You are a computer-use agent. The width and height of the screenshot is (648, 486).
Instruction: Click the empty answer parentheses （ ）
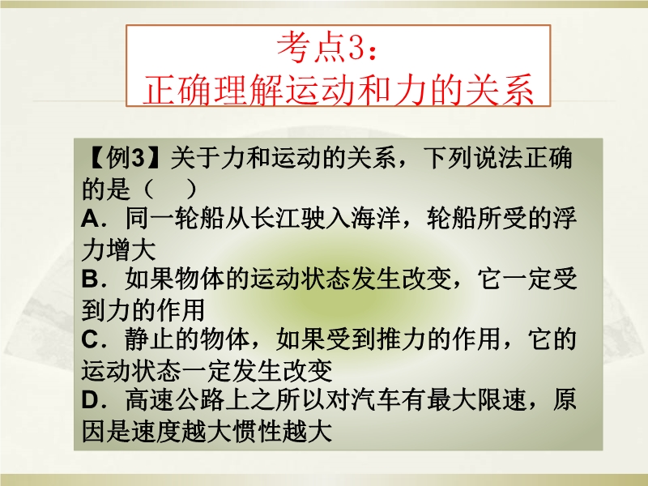(168, 189)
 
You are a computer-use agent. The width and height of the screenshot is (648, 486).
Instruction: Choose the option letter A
(90, 219)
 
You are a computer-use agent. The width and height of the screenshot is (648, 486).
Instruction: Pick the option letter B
(90, 279)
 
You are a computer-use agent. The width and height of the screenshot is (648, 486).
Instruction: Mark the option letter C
(90, 339)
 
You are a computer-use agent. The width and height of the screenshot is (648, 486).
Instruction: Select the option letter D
(90, 400)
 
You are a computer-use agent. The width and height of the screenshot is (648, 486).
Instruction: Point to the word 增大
(131, 249)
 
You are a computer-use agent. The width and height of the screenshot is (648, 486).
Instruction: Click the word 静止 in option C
(150, 339)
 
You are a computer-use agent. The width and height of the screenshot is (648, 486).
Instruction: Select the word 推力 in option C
(402, 339)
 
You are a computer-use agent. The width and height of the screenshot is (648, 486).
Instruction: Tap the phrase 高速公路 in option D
(175, 400)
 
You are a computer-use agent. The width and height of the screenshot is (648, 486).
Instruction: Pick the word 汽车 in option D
(377, 400)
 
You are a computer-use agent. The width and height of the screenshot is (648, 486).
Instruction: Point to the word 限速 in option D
(502, 400)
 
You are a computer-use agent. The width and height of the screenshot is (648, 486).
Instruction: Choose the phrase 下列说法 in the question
(474, 158)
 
